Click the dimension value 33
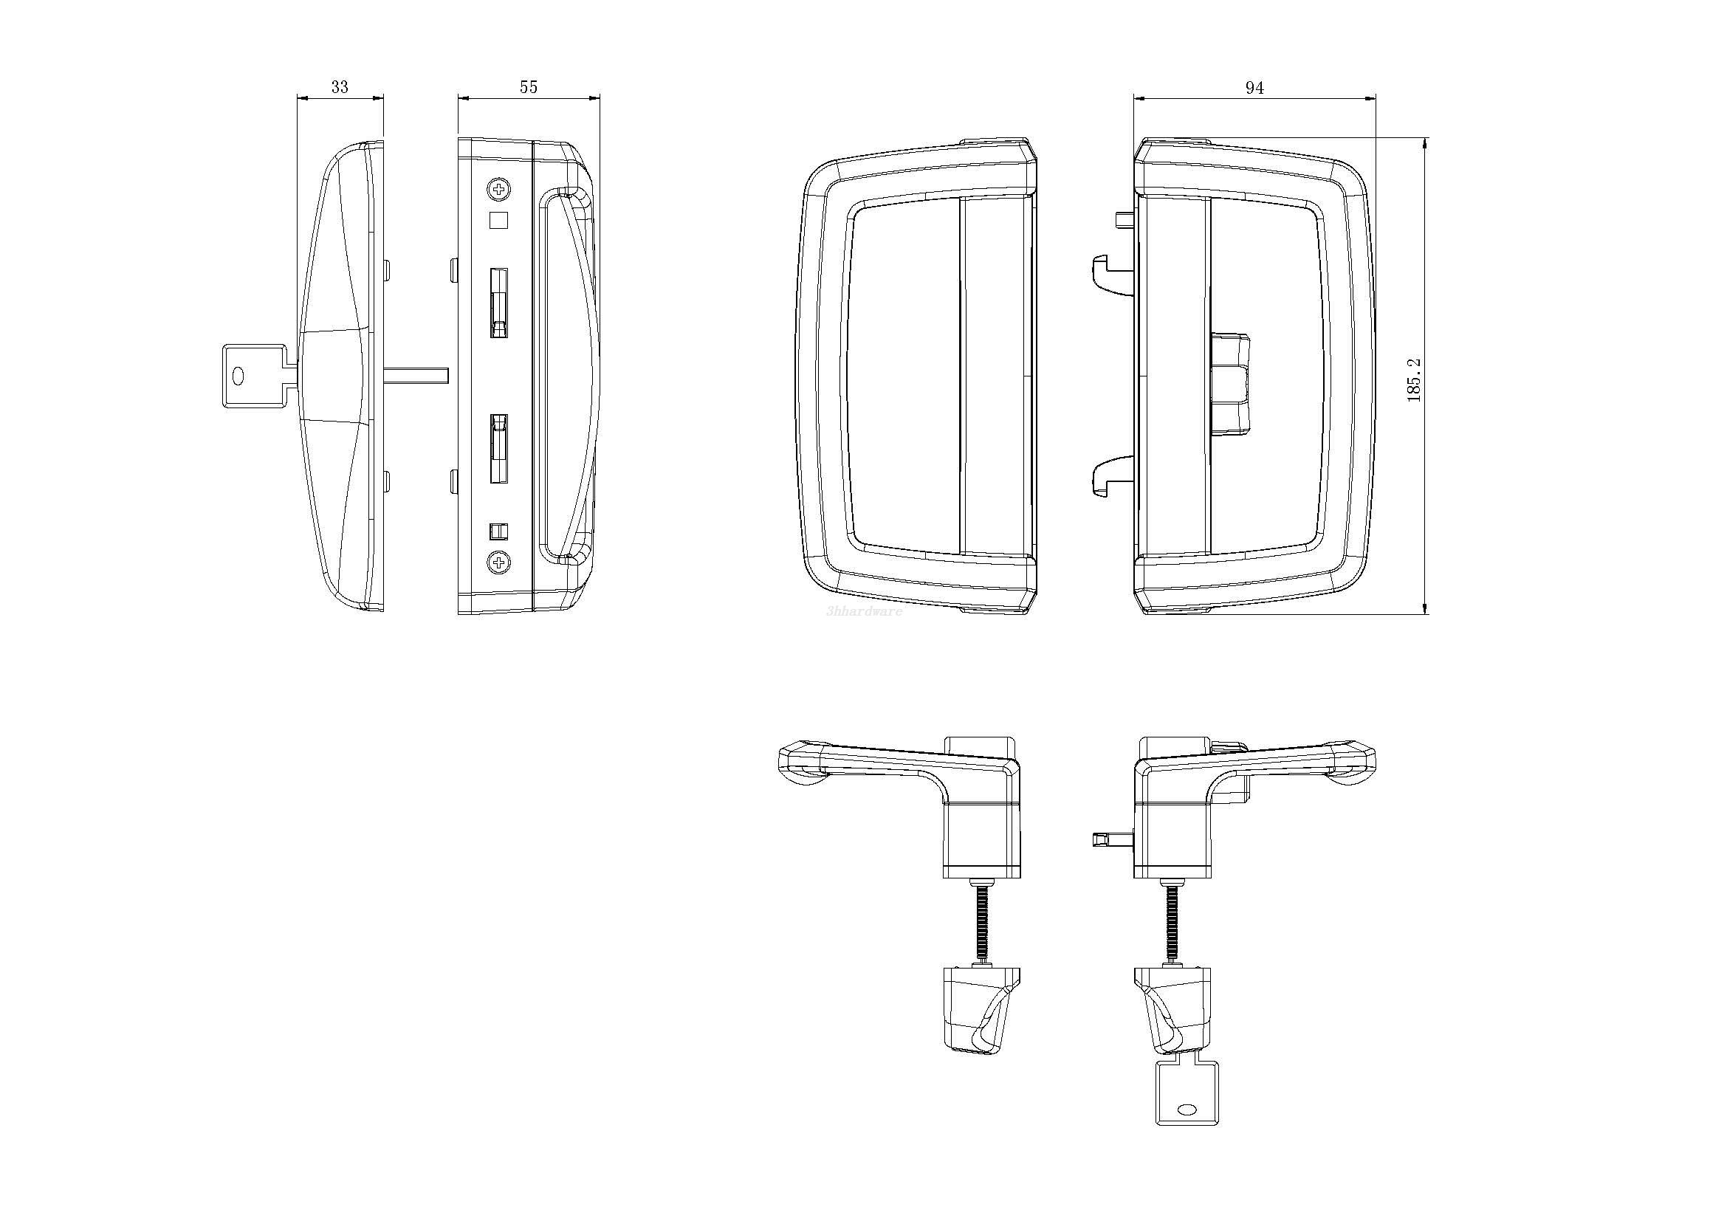339,87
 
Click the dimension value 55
529,87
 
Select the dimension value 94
1254,88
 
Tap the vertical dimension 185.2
1414,379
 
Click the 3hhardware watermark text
864,611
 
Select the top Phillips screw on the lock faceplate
498,189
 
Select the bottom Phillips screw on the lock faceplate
498,561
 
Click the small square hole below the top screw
498,220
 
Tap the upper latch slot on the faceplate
498,303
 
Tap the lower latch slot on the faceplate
498,448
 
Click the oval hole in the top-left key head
239,376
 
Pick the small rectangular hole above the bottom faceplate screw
498,531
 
